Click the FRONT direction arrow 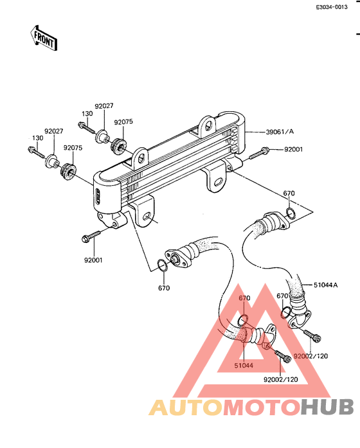point(44,39)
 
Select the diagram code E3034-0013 point(332,7)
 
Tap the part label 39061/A point(280,132)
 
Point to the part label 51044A point(325,285)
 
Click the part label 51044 point(244,365)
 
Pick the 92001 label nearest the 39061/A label point(293,149)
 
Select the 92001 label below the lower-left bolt point(93,260)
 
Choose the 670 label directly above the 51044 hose point(244,298)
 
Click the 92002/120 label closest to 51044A point(311,356)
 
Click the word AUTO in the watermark point(186,408)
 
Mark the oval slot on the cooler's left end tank point(98,196)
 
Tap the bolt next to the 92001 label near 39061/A point(259,153)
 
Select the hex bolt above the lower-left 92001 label point(91,236)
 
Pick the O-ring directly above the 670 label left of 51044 point(163,265)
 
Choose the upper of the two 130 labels point(87,113)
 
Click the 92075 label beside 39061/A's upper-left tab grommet point(123,121)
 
